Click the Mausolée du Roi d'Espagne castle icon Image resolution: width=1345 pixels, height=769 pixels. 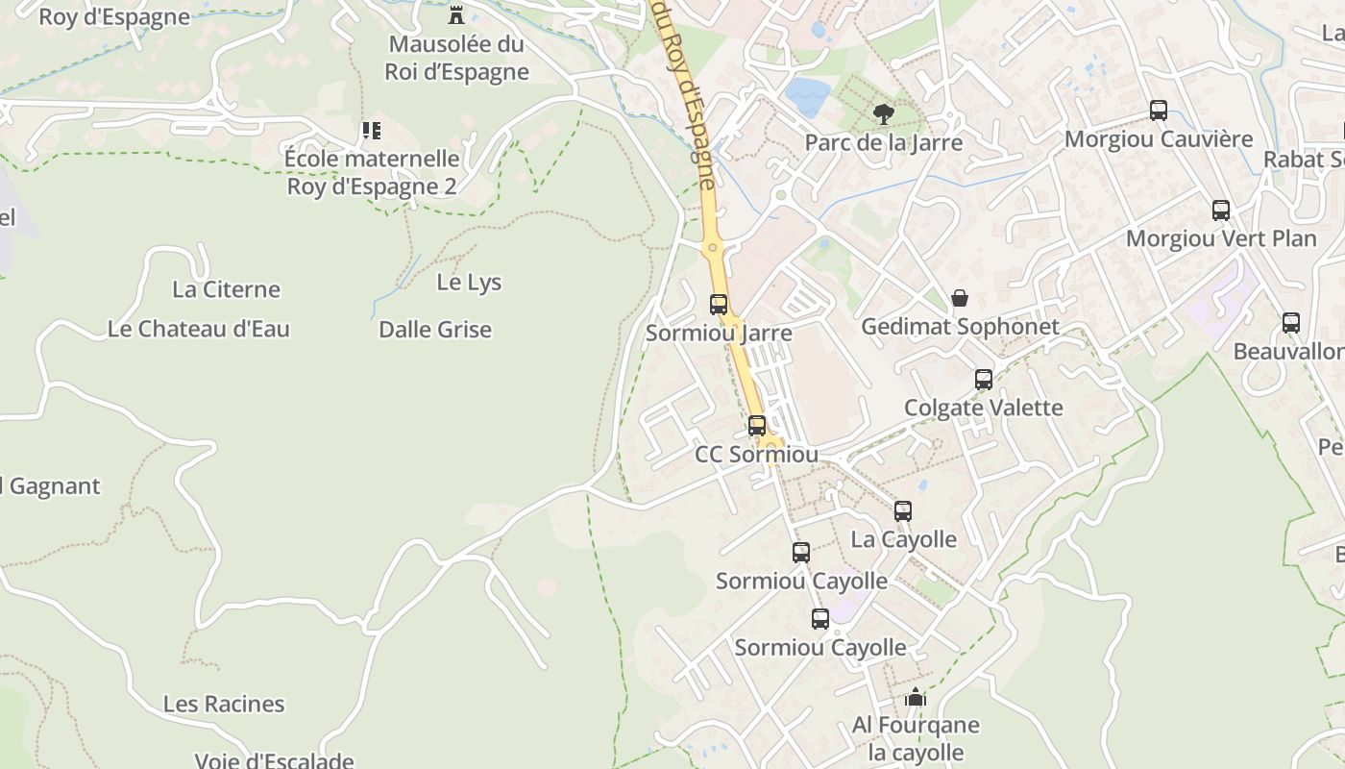click(456, 15)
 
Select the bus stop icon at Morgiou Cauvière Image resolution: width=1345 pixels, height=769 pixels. click(1159, 111)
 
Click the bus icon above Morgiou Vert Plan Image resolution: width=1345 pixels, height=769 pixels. click(1221, 210)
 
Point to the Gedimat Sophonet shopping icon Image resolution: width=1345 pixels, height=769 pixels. click(959, 299)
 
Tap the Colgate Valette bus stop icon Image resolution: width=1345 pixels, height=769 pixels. click(984, 380)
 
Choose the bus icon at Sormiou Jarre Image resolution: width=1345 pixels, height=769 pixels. click(719, 305)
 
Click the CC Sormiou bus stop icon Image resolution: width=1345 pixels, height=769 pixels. click(757, 425)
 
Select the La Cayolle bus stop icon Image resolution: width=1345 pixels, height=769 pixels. click(903, 511)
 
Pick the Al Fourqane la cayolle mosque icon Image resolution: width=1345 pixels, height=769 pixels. click(916, 697)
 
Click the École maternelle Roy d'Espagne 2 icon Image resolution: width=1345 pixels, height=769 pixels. click(371, 130)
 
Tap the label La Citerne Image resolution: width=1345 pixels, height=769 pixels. click(226, 289)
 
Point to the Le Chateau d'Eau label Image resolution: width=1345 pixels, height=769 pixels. click(199, 329)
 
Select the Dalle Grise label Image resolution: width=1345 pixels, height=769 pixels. click(435, 330)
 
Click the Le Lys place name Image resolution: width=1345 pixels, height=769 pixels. click(469, 283)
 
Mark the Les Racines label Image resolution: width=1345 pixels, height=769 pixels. click(224, 704)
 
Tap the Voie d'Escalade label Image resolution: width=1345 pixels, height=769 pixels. click(275, 760)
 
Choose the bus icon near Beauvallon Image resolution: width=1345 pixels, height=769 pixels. click(1291, 323)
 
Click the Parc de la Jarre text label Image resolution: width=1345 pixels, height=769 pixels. click(883, 143)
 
